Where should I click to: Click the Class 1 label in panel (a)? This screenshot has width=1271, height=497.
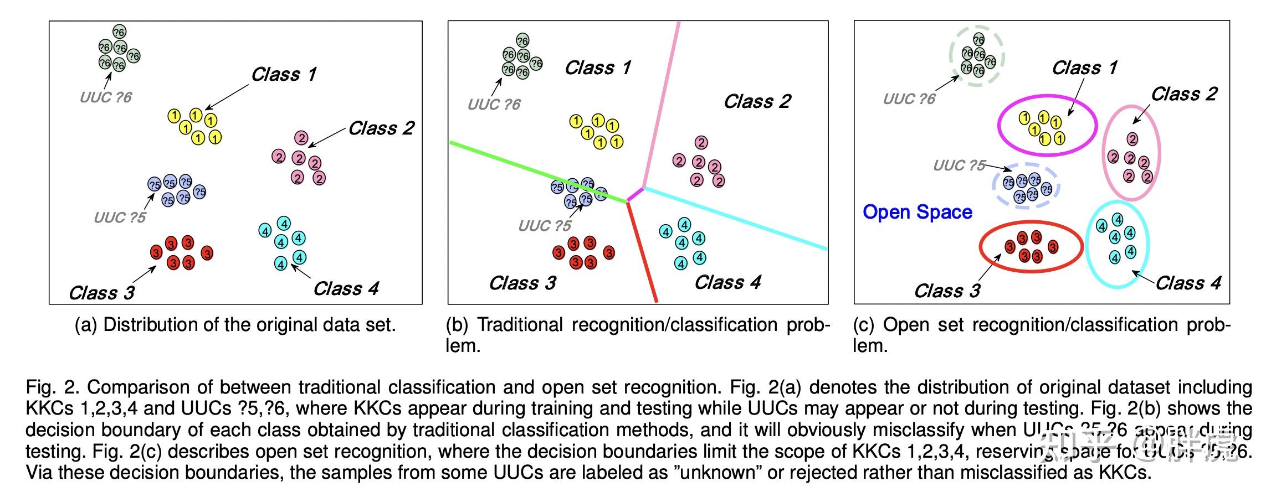click(284, 75)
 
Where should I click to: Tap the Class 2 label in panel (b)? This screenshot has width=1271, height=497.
click(757, 102)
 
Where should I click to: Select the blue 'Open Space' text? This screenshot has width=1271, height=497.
click(918, 213)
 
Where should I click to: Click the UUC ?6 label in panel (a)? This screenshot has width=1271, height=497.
click(106, 98)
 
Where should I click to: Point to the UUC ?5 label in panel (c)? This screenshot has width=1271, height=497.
click(959, 165)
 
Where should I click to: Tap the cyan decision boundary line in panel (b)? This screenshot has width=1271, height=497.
click(737, 219)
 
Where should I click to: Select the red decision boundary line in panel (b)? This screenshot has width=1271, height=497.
click(642, 252)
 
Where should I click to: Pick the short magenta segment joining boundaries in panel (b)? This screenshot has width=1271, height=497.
click(635, 195)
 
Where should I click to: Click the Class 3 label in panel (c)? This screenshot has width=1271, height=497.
click(947, 291)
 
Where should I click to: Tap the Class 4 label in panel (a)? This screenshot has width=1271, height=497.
click(346, 289)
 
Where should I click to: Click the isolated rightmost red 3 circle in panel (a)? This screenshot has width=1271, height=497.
click(207, 253)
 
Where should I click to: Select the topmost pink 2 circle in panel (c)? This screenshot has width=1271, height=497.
click(1132, 139)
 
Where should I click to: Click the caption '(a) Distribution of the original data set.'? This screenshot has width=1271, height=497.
click(235, 325)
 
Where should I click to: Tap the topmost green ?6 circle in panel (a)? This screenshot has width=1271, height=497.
click(119, 32)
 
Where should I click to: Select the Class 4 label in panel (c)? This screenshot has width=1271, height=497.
click(1188, 283)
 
